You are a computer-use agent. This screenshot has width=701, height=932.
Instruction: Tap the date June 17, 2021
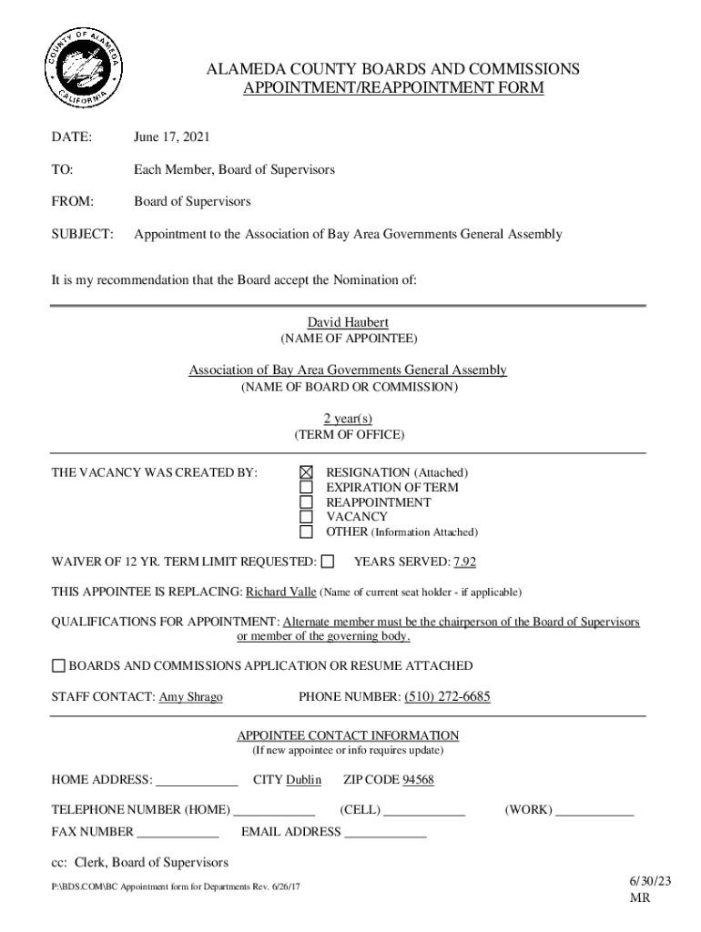point(172,137)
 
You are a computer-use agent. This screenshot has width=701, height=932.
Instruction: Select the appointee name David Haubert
point(348,323)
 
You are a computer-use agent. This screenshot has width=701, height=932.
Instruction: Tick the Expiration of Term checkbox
point(307,488)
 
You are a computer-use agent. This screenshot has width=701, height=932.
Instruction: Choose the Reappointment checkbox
point(307,502)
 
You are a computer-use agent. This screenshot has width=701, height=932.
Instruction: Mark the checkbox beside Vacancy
point(307,517)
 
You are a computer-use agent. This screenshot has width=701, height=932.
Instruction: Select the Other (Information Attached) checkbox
point(307,532)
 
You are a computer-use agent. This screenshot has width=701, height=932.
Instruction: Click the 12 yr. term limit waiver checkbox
point(328,561)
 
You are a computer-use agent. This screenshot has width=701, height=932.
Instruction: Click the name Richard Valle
point(281,592)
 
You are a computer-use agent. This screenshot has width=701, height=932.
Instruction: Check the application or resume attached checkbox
point(58,666)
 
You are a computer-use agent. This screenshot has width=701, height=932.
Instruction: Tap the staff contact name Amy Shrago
point(191,698)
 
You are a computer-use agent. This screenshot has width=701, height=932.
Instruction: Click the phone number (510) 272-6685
point(447,697)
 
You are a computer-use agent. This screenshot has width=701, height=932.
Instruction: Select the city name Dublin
point(304,780)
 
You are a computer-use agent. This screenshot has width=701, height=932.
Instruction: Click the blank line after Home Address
point(197,782)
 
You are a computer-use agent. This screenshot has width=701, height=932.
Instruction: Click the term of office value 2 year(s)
point(348,419)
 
